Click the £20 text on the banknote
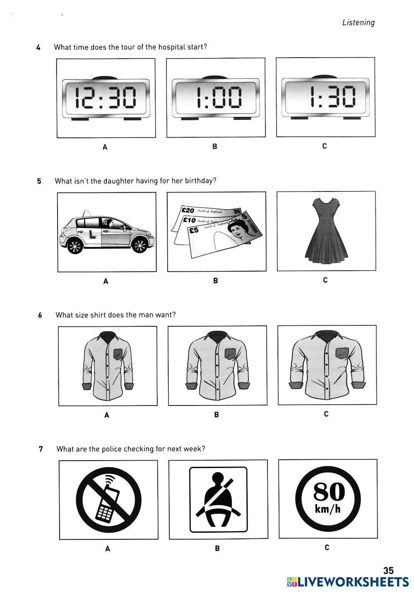(x=188, y=211)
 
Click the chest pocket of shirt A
(x=118, y=354)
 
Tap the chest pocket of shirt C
(x=342, y=353)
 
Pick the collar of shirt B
(x=217, y=335)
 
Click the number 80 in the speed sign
(x=329, y=493)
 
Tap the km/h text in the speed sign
(x=327, y=509)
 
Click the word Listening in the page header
(x=358, y=23)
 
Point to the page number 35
(x=388, y=571)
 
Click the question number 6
(x=40, y=315)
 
